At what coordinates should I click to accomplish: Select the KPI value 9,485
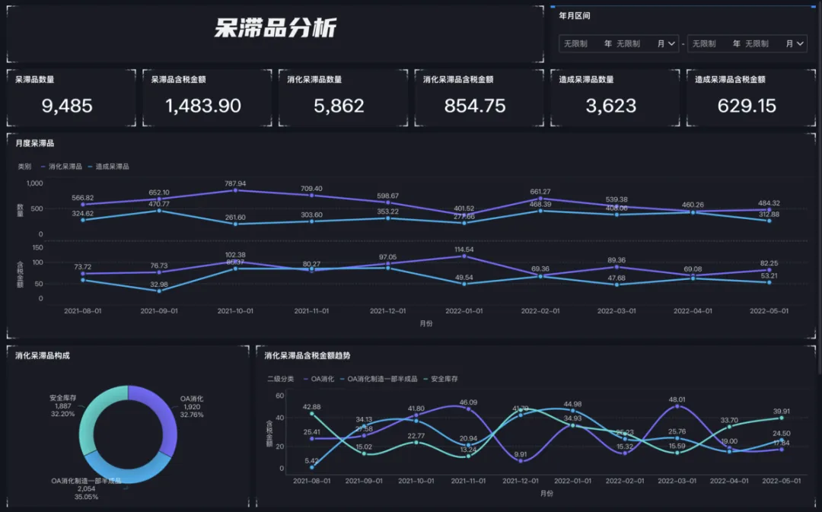pos(67,106)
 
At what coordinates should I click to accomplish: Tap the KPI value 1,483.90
pos(203,106)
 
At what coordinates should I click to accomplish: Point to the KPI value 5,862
pos(339,106)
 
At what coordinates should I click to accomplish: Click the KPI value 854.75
pos(475,106)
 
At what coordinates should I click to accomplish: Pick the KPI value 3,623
pos(611,106)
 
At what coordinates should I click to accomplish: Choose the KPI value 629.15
pos(747,106)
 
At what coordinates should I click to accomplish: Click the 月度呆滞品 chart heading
pos(35,142)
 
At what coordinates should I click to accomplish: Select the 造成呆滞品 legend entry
pos(112,166)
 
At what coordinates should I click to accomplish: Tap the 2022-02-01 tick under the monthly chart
pos(540,311)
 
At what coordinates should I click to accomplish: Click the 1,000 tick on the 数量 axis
pos(35,183)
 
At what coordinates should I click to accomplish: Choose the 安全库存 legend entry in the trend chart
pos(444,378)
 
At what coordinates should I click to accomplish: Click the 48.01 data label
pos(677,399)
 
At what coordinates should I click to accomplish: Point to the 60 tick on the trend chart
pos(279,396)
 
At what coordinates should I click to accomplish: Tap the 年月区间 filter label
pos(575,15)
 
